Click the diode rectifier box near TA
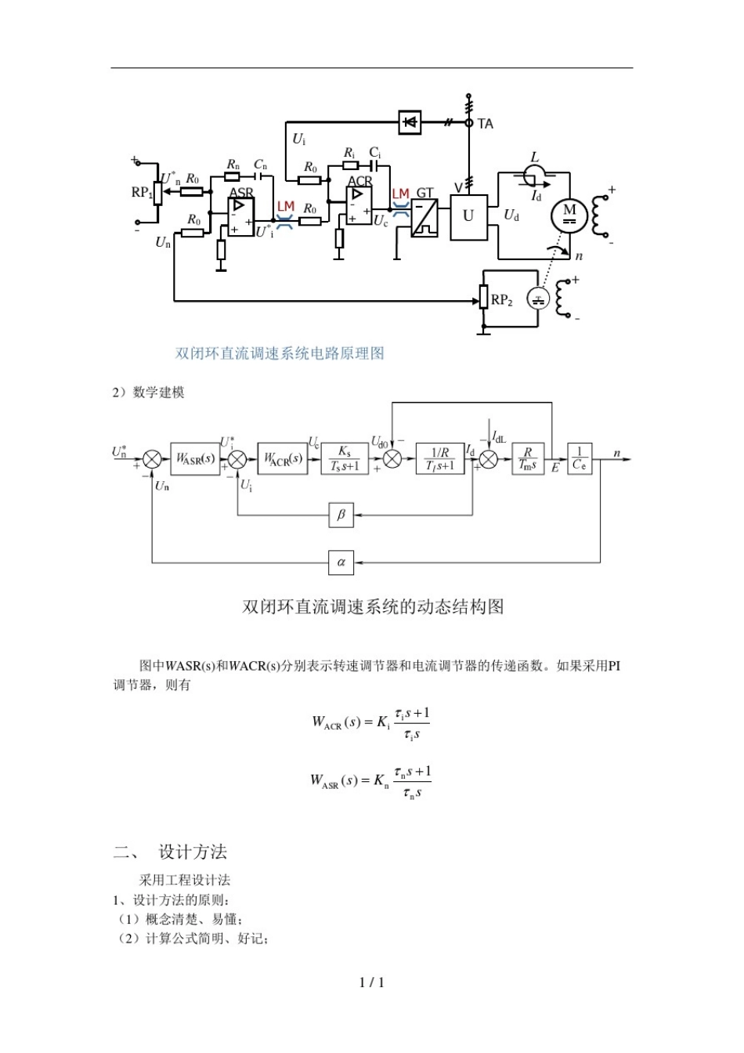click(x=410, y=122)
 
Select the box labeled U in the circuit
click(x=468, y=216)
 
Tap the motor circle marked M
click(x=569, y=214)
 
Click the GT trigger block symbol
click(x=424, y=217)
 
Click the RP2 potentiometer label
click(x=502, y=300)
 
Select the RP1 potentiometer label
click(x=141, y=193)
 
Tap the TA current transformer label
click(x=486, y=124)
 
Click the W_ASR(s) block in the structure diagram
click(x=195, y=458)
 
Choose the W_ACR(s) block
click(x=282, y=458)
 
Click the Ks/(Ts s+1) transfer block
click(x=345, y=458)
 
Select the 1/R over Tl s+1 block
click(x=440, y=458)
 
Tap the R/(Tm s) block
click(x=528, y=458)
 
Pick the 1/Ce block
click(x=579, y=458)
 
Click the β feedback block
click(x=341, y=515)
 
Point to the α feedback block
click(x=341, y=562)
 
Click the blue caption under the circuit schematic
click(x=280, y=353)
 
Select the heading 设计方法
click(x=193, y=852)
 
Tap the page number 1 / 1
click(x=371, y=982)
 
